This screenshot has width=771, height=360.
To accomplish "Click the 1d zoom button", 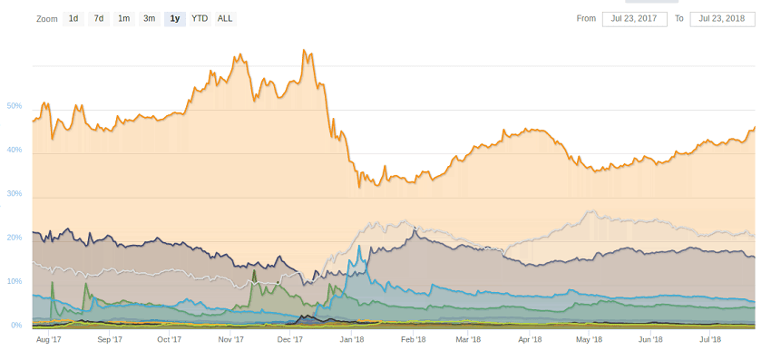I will click(x=73, y=18).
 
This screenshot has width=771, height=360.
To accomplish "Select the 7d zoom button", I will click(x=98, y=18).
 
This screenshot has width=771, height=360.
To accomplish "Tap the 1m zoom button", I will click(x=123, y=18).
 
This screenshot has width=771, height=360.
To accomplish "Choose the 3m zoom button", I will click(x=149, y=18).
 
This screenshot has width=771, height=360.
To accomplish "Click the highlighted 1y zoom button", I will click(x=174, y=18).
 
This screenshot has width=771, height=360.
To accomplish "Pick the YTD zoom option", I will click(x=200, y=18).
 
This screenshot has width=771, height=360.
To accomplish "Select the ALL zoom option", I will click(x=225, y=18).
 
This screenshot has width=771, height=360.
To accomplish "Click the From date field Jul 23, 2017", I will click(x=634, y=18).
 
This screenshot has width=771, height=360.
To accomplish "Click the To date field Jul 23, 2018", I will click(x=722, y=18).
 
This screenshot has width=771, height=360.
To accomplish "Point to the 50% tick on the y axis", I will click(x=14, y=106).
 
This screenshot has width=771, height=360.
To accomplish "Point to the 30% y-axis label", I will click(x=14, y=194).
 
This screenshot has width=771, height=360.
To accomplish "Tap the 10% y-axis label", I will click(x=14, y=281).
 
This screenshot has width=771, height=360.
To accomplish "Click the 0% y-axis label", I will click(x=16, y=325).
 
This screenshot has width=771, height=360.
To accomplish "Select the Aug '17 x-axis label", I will click(x=48, y=340).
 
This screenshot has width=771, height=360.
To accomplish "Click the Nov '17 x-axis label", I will click(x=231, y=340).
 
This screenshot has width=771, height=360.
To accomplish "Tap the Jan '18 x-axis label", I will click(x=351, y=340).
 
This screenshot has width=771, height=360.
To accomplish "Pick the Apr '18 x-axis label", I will click(x=529, y=340).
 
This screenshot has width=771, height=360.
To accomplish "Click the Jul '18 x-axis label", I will click(x=709, y=340).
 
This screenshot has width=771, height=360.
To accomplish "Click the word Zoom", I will click(x=47, y=18).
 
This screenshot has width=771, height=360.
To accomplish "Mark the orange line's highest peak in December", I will click(x=305, y=50).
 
